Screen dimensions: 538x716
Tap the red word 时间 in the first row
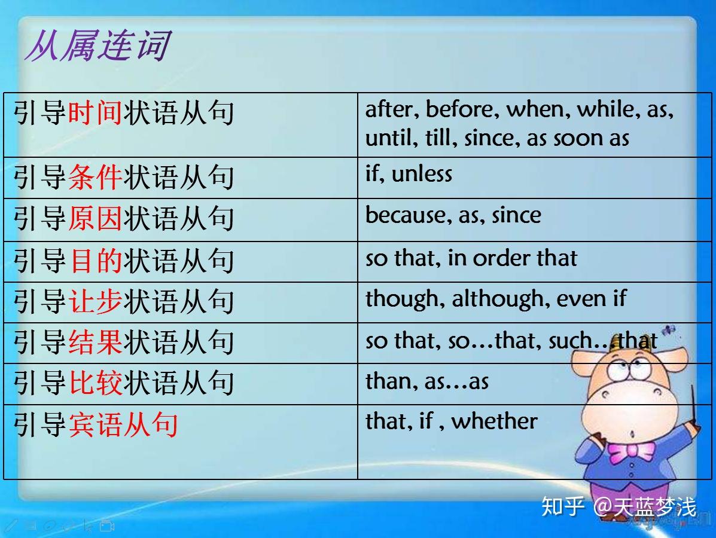coord(95,113)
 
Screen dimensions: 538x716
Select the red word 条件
coord(95,178)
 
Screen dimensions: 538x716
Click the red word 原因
coord(95,219)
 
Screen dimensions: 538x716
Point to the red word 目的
coord(95,261)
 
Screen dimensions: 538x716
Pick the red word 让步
coord(95,301)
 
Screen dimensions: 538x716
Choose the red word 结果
coord(95,342)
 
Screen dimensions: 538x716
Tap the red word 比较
coord(95,383)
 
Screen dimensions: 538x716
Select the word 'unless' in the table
coord(422,174)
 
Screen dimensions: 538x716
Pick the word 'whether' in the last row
coord(494,421)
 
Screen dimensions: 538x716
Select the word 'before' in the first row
coord(462,109)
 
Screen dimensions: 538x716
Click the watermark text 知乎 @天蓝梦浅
coord(618,508)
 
